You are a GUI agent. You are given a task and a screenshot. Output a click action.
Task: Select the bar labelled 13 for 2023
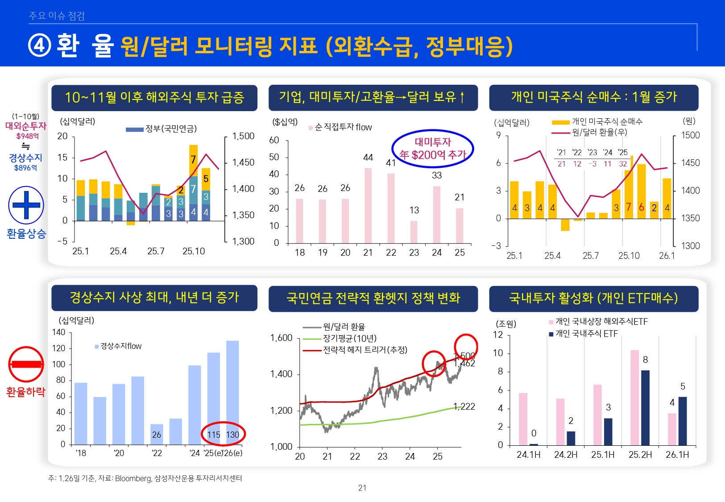414,232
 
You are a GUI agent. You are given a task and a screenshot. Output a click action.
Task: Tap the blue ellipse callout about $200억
432,149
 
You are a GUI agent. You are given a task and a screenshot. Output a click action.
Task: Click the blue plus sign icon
26,205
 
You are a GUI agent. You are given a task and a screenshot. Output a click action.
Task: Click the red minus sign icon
26,364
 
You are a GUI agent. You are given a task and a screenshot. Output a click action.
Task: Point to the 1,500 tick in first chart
243,136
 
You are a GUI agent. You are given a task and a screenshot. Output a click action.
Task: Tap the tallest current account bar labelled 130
232,393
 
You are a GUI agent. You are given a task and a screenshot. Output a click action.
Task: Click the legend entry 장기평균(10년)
349,338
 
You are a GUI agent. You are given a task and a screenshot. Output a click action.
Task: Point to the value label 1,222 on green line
464,406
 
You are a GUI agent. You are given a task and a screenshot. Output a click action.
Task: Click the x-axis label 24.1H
528,454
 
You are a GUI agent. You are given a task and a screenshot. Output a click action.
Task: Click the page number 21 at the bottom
362,488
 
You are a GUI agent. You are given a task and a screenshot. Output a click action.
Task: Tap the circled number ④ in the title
40,46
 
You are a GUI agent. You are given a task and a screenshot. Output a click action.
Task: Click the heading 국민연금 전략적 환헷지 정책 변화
373,298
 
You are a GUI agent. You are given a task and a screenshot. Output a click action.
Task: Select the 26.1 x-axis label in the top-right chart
667,256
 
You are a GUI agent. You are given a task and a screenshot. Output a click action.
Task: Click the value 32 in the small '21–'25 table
623,164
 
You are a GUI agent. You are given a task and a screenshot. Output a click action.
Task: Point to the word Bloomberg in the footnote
133,478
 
